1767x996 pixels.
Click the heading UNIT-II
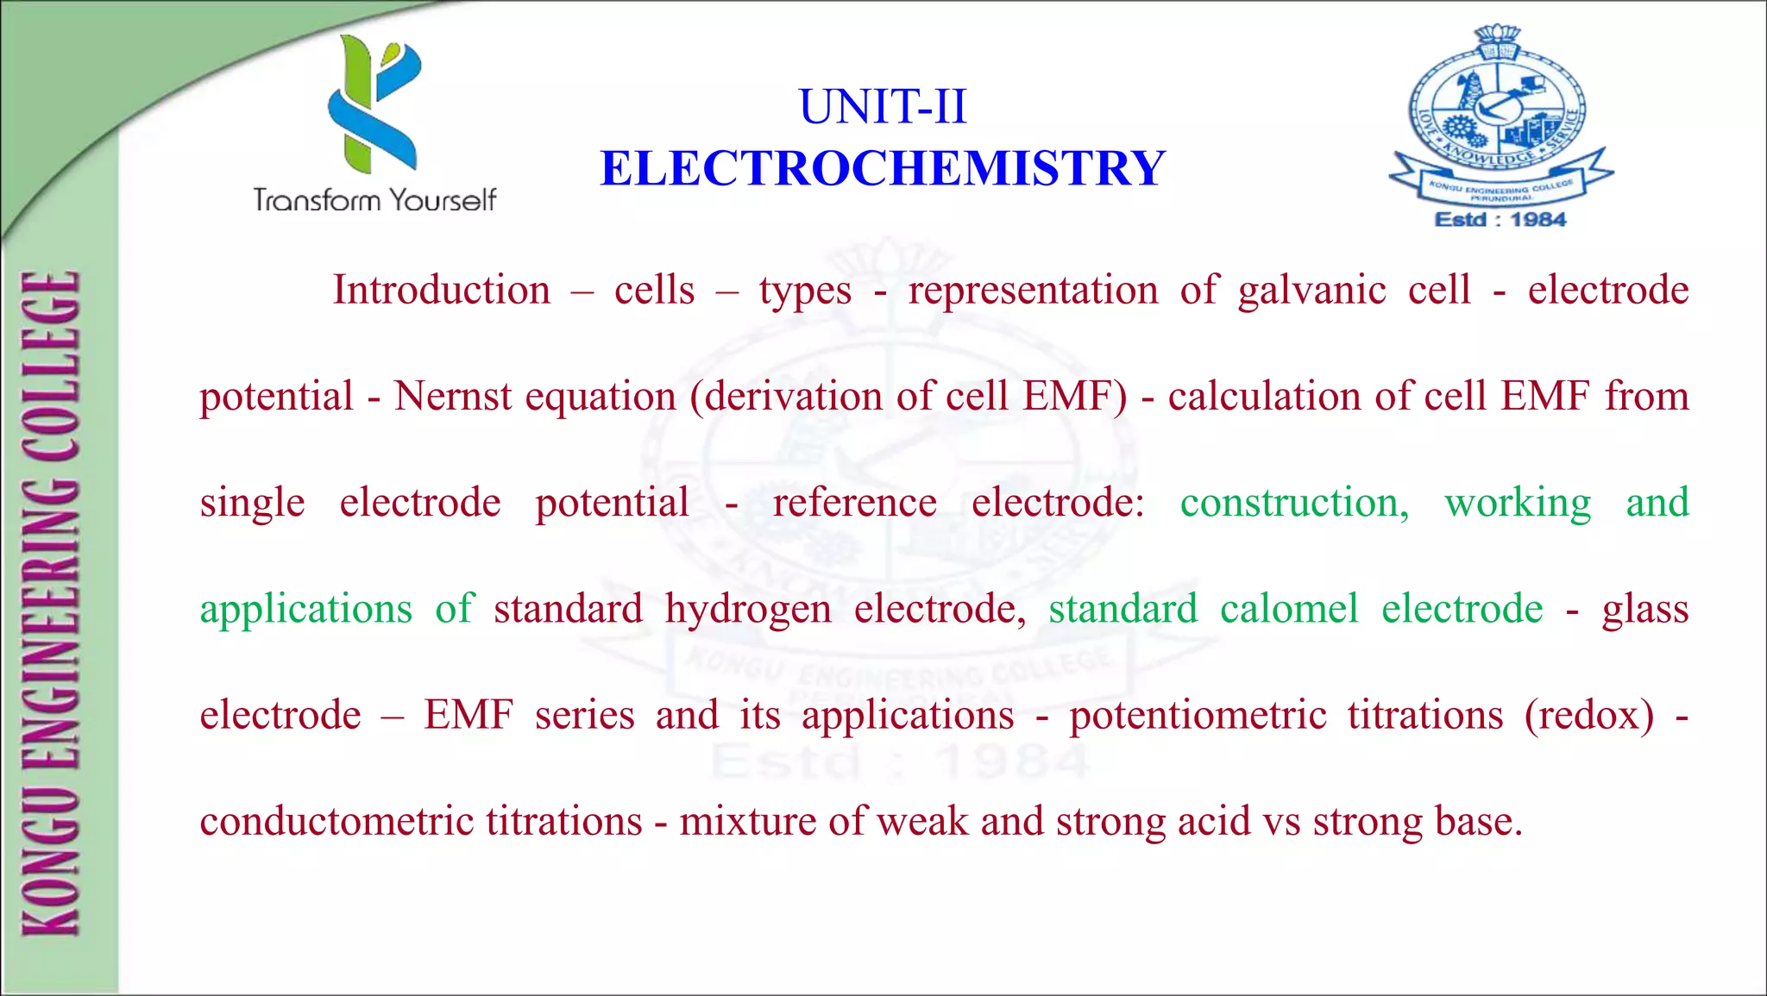883,107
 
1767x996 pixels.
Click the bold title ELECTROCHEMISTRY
883,168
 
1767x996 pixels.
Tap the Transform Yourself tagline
374,200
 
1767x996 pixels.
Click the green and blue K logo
374,103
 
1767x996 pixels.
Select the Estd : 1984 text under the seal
1500,220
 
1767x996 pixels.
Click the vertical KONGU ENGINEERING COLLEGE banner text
52,604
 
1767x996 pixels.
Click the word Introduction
442,290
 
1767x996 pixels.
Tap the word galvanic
1311,291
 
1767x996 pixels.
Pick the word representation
1033,291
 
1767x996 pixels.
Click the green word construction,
1294,503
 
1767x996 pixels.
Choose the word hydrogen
748,610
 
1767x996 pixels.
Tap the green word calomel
1289,609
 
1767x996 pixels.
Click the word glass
1645,610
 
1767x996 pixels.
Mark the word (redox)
1589,716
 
